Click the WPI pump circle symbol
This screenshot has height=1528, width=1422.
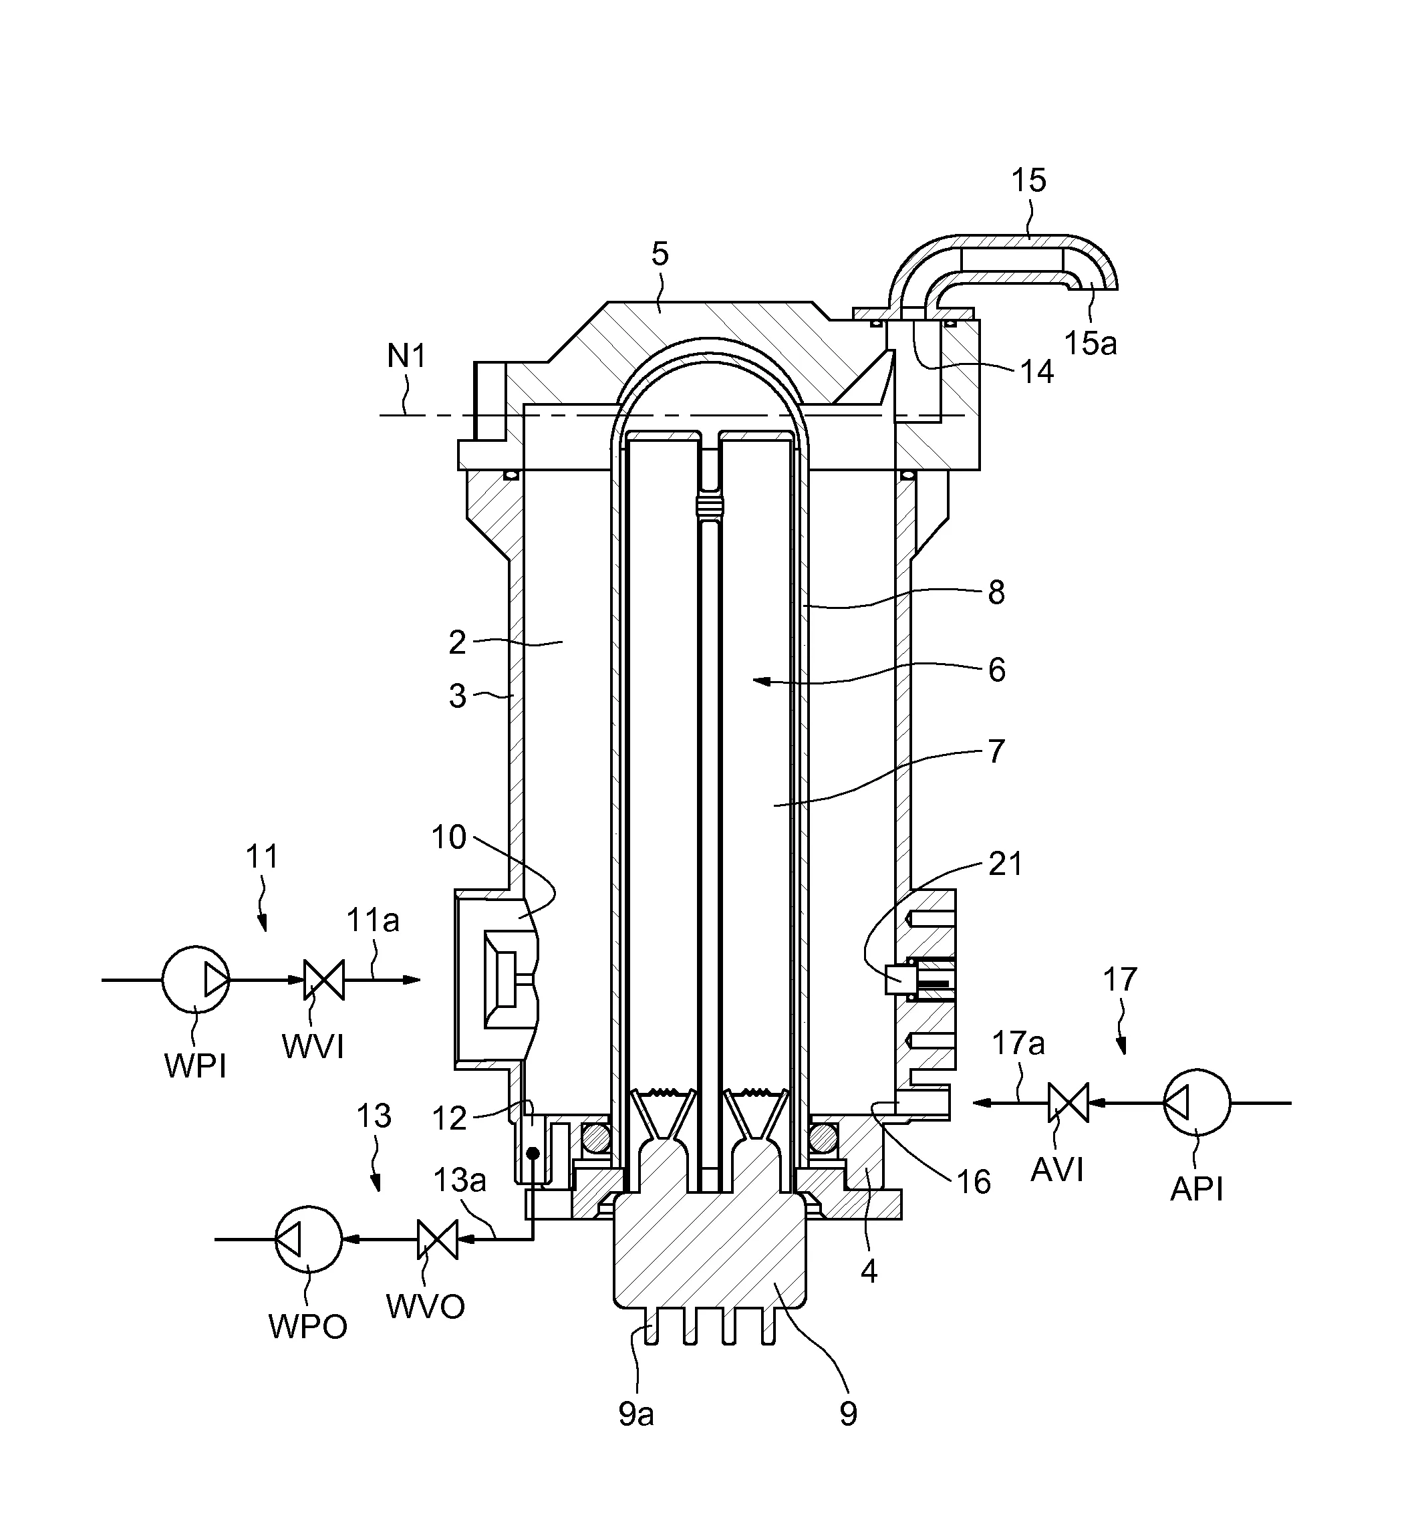tap(195, 979)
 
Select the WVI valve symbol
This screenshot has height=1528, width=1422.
tap(324, 980)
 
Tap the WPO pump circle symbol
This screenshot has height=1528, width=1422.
tap(308, 1239)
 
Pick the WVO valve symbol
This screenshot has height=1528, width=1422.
tap(437, 1239)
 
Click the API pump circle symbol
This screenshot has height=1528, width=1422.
tap(1196, 1103)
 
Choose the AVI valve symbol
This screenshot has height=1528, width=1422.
tap(1068, 1103)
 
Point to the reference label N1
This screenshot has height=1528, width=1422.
tap(406, 357)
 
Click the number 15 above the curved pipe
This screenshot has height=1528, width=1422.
tap(1028, 180)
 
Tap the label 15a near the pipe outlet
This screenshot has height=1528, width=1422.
tap(1089, 344)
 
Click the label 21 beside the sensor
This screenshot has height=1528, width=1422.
tap(1005, 865)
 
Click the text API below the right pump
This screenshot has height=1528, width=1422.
tap(1196, 1189)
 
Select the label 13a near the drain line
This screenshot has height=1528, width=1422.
tap(459, 1180)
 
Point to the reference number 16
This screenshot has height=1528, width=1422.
tap(972, 1182)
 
